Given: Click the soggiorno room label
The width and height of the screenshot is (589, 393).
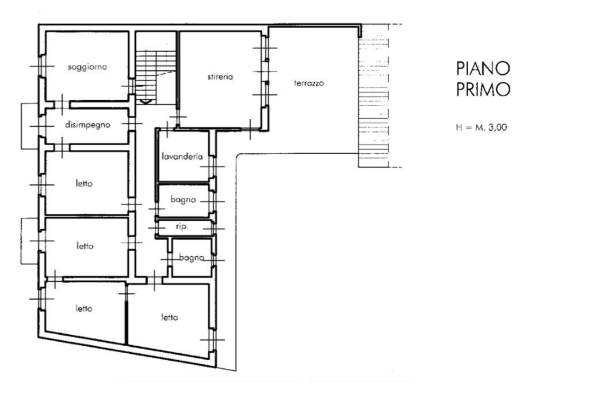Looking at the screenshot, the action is click(87, 67).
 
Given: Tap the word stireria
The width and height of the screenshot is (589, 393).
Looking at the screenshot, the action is click(220, 77).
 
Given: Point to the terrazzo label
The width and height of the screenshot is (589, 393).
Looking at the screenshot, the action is click(309, 83).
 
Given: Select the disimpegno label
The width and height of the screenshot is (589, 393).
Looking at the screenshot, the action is click(87, 124).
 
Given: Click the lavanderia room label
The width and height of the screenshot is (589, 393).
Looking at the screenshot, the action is click(182, 156).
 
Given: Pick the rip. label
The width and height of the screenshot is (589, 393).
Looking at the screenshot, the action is click(182, 227).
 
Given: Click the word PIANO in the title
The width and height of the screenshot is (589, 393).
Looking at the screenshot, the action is click(483, 69).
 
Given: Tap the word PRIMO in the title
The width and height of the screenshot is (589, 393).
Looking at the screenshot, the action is click(483, 89).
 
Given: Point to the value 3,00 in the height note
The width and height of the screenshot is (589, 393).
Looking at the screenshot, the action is click(498, 127).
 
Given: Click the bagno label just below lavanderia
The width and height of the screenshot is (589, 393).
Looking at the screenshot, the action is click(183, 199).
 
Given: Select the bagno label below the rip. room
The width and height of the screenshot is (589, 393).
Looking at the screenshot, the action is click(192, 258).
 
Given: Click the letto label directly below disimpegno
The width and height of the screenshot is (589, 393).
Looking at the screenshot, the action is click(84, 184).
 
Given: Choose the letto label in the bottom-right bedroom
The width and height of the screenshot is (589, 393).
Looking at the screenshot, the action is click(170, 318).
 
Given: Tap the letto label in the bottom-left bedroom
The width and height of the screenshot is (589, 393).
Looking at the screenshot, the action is click(84, 308).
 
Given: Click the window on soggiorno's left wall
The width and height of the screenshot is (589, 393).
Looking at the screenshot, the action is click(41, 66).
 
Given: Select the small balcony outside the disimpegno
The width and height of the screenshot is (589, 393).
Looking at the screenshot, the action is click(30, 126).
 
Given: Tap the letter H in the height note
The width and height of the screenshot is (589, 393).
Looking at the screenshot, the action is click(458, 127).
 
